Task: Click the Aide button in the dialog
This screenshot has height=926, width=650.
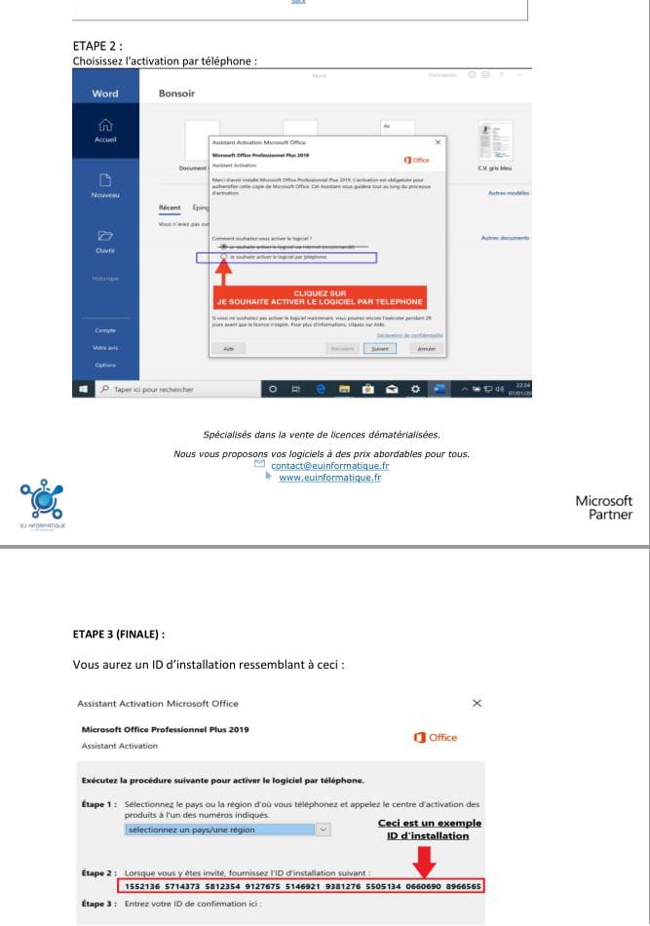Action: click(229, 348)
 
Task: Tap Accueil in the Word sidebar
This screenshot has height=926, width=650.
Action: click(105, 130)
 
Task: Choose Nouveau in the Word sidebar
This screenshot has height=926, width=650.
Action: click(105, 186)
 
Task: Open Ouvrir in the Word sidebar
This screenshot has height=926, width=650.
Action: click(105, 241)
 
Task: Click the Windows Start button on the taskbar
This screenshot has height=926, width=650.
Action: click(80, 390)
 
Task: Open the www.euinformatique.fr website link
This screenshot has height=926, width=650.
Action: click(329, 477)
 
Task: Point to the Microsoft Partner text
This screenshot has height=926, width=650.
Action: click(603, 507)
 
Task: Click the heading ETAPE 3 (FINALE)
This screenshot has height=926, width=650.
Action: click(119, 634)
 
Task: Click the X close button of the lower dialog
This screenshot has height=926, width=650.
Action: click(477, 703)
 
